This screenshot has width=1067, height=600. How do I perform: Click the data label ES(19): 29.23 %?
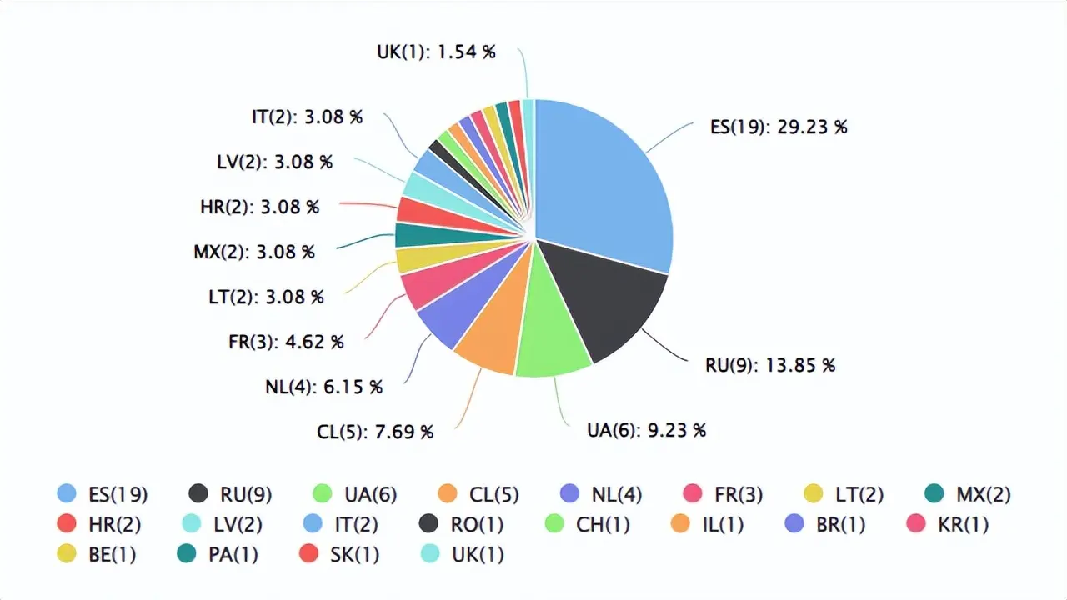point(779,127)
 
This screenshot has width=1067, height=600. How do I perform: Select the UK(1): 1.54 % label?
point(436,52)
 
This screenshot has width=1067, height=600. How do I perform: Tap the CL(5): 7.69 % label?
point(375,432)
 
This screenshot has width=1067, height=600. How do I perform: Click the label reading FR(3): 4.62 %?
point(286,342)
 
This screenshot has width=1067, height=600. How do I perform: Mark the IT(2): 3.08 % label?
point(307,117)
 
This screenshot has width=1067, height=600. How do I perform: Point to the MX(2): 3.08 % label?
point(254,252)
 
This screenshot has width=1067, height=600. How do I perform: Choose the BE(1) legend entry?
point(112,554)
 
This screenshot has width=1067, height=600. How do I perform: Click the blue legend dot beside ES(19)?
point(67,494)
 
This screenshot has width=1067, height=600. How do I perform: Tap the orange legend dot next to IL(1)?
point(679,525)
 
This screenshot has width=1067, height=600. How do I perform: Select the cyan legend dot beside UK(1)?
point(430,554)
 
